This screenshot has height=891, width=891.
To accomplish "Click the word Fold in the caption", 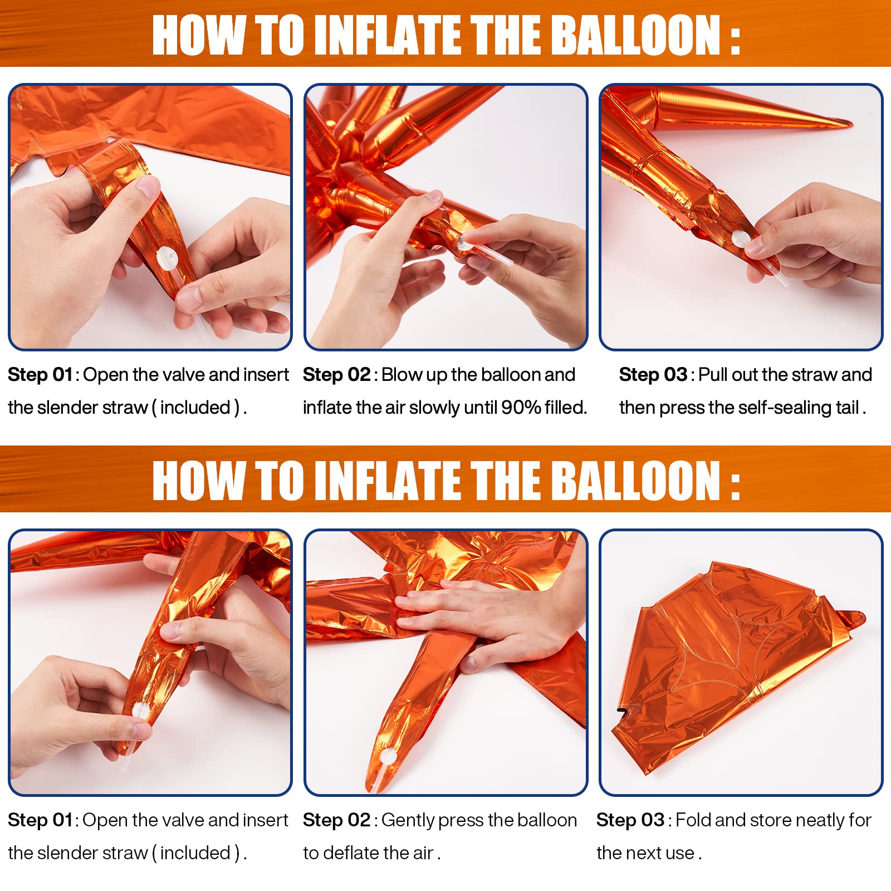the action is pos(693,820).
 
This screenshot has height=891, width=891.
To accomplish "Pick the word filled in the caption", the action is pos(565,408).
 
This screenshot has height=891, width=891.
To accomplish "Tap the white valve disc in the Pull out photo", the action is pos(740,239).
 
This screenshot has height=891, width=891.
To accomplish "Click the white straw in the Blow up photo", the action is pos(485,253).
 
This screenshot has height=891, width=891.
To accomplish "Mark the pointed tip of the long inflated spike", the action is pos(851,123).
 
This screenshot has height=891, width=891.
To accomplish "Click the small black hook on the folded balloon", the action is pos(620,710).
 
